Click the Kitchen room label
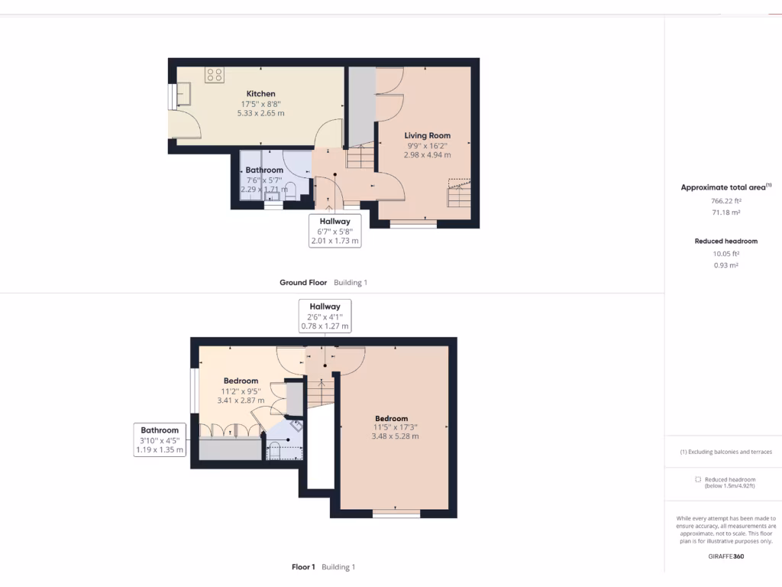tap(260, 94)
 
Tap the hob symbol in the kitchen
tap(215, 74)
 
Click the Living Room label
tap(427, 135)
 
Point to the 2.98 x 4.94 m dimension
tap(427, 154)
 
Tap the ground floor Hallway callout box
tap(334, 230)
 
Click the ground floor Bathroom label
tap(264, 170)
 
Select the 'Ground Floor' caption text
tap(303, 283)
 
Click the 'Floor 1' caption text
tap(302, 567)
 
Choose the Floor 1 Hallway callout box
tap(325, 316)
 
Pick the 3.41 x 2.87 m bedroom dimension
tap(241, 400)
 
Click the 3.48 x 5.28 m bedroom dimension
tap(395, 436)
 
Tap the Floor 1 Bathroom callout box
tap(160, 440)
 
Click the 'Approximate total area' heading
tap(722, 187)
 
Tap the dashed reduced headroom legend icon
tap(698, 479)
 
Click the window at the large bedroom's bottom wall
tap(396, 514)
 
